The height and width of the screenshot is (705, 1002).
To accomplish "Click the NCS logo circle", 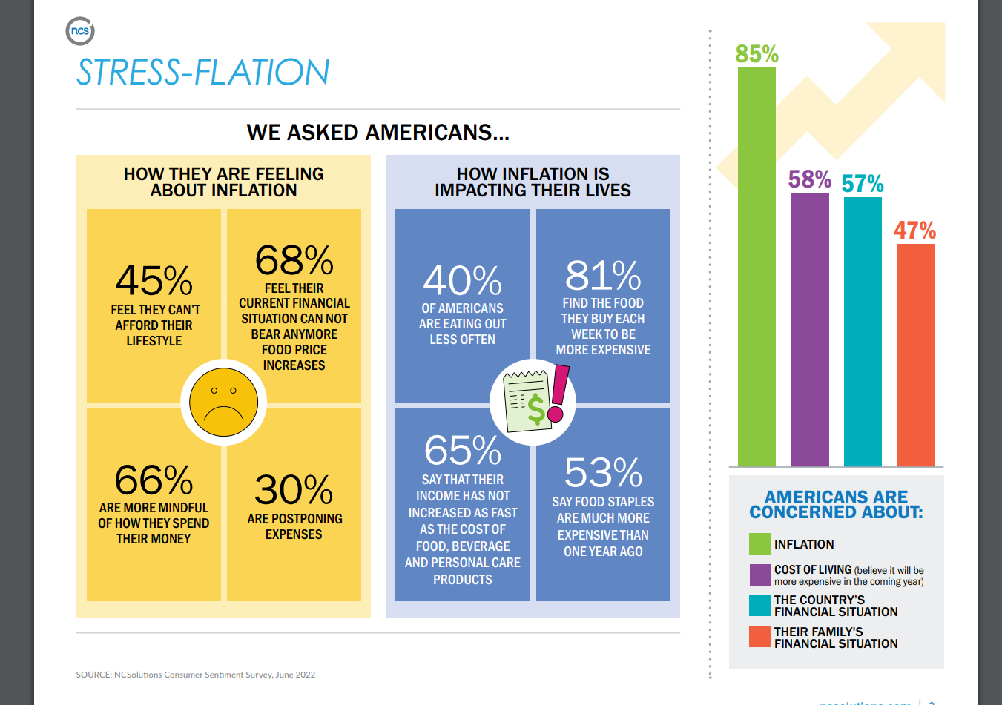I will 80,31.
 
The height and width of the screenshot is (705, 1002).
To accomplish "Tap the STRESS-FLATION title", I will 202,73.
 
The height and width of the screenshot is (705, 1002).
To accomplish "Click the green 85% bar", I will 757,267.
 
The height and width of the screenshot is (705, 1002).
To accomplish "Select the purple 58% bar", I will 810,330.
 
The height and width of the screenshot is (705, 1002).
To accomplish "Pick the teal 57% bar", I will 863,332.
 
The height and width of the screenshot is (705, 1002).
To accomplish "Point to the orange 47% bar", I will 915,355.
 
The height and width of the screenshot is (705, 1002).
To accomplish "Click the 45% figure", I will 154,281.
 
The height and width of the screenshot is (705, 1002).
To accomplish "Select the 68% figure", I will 294,260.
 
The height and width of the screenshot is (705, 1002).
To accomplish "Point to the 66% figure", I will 154,480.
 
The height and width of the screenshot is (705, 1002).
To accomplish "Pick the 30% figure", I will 294,490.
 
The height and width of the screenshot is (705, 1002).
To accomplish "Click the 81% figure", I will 603,276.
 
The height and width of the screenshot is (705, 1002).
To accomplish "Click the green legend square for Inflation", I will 759,544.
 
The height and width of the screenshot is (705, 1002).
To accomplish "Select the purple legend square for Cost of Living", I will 759,575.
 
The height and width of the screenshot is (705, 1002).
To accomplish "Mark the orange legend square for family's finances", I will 759,637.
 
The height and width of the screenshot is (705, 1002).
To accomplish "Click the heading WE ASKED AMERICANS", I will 378,133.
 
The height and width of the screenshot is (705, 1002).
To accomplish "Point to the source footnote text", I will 196,675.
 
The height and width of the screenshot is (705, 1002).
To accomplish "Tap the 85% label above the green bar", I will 757,54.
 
